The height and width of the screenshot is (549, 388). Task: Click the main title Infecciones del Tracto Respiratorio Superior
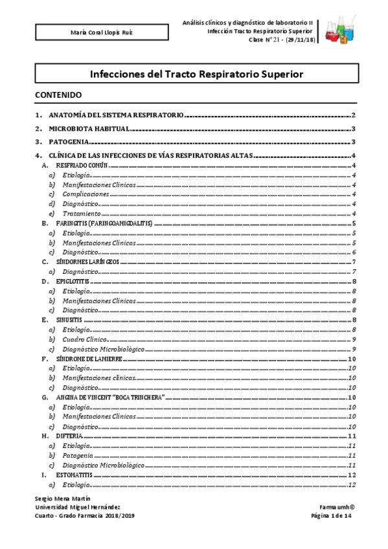pyautogui.click(x=196, y=74)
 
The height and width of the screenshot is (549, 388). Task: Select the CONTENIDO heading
pyautogui.click(x=58, y=95)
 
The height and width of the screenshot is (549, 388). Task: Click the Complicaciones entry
pyautogui.click(x=86, y=194)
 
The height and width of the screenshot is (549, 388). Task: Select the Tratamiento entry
pyautogui.click(x=82, y=214)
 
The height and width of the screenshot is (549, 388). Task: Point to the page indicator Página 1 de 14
pyautogui.click(x=330, y=515)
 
